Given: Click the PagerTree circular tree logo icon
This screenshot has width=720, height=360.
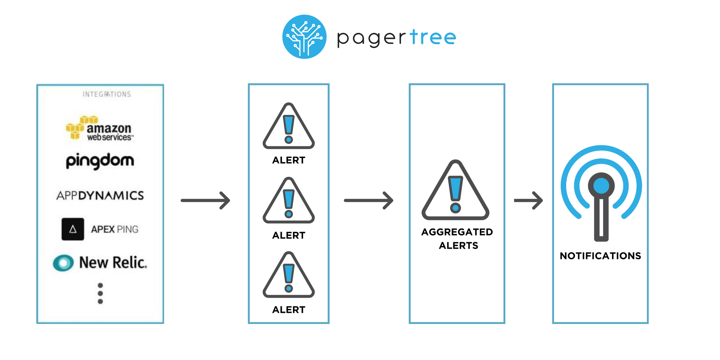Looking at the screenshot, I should [304, 37].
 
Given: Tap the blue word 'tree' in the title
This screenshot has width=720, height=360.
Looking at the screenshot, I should [433, 37].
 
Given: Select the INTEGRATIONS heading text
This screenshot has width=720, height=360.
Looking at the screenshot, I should [107, 94].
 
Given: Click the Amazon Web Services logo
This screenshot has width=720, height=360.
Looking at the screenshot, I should [100, 129].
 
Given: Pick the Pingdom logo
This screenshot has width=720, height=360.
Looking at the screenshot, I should [100, 161].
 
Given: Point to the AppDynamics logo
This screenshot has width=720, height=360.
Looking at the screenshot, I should [100, 195].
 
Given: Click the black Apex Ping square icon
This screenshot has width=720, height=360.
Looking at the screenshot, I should [73, 229].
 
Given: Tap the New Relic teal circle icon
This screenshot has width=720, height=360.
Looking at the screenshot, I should [63, 263].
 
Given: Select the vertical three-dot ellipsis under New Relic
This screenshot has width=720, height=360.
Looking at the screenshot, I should [100, 293].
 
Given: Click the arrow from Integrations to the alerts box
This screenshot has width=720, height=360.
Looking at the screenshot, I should [206, 201].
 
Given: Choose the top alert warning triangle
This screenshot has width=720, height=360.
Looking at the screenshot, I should [289, 128].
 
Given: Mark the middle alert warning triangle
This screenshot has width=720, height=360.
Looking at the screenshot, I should [289, 202].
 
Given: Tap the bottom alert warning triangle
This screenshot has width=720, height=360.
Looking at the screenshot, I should [289, 276].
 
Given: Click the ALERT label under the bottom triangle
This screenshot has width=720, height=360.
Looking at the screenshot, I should [289, 310].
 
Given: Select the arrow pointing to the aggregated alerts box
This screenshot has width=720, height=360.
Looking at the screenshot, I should [369, 201].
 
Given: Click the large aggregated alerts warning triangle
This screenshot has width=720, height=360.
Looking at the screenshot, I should [455, 193].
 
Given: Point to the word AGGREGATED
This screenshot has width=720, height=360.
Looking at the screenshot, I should [457, 232].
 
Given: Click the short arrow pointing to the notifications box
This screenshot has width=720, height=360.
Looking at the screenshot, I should [528, 201].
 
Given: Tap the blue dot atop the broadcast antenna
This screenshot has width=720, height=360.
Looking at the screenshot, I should [601, 186].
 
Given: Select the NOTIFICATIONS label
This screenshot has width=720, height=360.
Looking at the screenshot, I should [600, 256].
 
